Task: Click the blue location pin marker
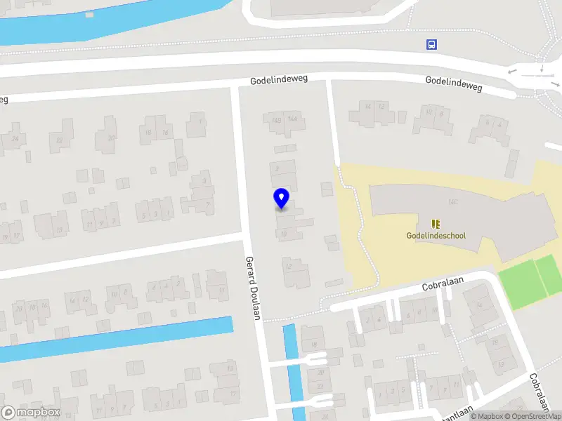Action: click(282, 198)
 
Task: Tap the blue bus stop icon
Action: click(431, 45)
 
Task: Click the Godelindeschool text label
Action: click(436, 236)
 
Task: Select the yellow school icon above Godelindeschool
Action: click(436, 224)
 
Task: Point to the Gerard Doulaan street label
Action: click(254, 288)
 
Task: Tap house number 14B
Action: click(276, 119)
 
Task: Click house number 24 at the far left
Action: click(15, 138)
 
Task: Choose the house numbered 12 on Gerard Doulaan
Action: click(289, 267)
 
